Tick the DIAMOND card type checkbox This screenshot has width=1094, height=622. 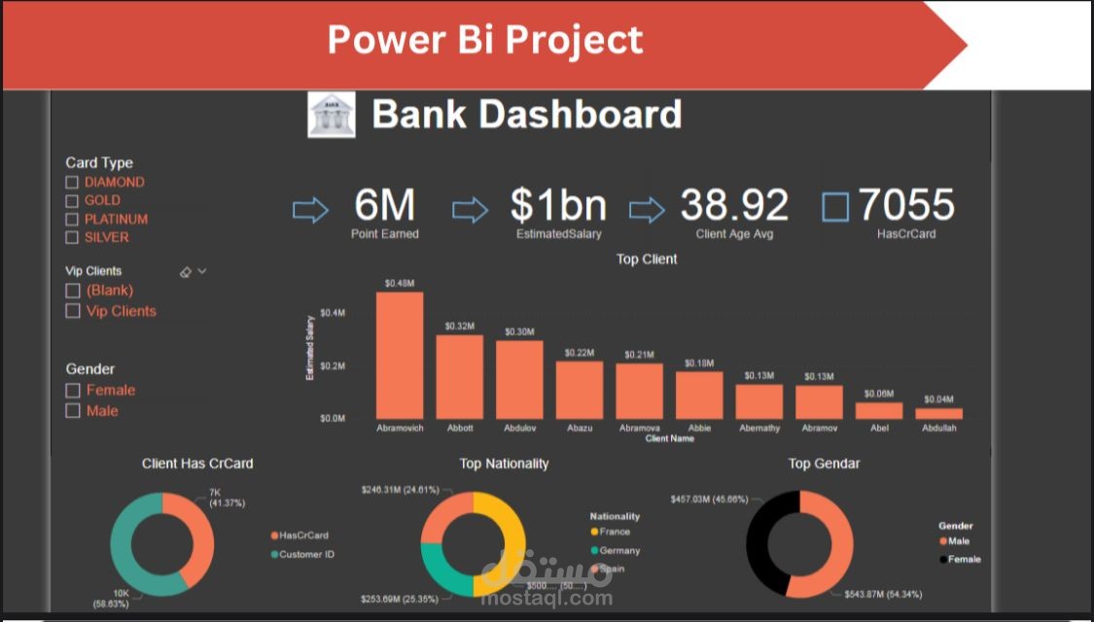[x=72, y=183]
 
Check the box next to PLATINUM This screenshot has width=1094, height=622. [x=72, y=220]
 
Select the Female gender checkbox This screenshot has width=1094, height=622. [x=72, y=391]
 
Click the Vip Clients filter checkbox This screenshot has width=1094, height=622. [x=72, y=312]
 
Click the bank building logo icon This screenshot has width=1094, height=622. [x=332, y=116]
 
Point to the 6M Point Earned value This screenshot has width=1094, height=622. [x=385, y=206]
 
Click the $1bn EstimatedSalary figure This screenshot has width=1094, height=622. [x=558, y=206]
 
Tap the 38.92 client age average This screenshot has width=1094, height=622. [x=734, y=206]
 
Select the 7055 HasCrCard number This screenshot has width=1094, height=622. [x=906, y=206]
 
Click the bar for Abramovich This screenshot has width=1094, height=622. [x=400, y=356]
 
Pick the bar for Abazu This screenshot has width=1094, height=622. [x=580, y=390]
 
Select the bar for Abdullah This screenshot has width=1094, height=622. [x=938, y=413]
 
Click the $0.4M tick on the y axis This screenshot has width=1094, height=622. [x=333, y=313]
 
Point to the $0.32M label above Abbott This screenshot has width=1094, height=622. [x=460, y=326]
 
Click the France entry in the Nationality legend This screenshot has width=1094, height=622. [x=615, y=532]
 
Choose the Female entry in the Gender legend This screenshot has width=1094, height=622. [x=964, y=559]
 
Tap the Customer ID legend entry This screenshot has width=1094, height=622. [x=306, y=555]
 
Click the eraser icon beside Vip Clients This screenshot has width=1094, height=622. [x=186, y=272]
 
